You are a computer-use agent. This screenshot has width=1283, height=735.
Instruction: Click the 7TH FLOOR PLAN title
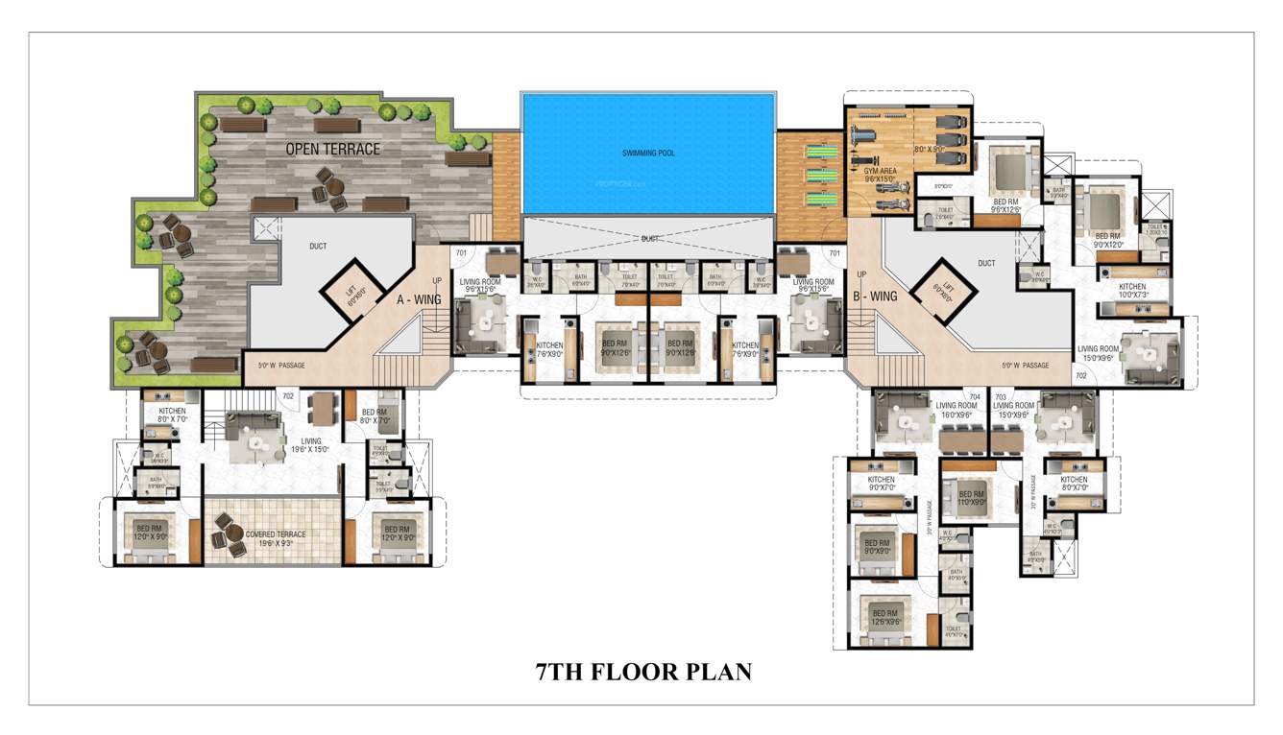[643, 672]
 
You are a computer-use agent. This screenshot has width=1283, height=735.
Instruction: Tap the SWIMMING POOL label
[647, 153]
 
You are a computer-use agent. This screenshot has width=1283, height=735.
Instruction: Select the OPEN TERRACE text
[332, 149]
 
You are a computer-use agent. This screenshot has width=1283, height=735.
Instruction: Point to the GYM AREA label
[881, 174]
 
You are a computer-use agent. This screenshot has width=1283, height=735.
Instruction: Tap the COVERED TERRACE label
[276, 537]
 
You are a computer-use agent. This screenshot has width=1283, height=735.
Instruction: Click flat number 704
[975, 395]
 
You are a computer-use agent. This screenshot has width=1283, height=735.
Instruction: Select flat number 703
[1001, 395]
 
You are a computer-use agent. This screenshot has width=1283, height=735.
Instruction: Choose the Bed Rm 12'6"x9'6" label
[884, 616]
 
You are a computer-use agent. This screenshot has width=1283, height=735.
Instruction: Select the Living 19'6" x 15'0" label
[309, 446]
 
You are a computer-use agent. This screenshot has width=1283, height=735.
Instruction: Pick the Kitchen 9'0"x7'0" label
[881, 484]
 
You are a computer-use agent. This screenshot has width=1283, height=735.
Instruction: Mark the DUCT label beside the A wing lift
[318, 246]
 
